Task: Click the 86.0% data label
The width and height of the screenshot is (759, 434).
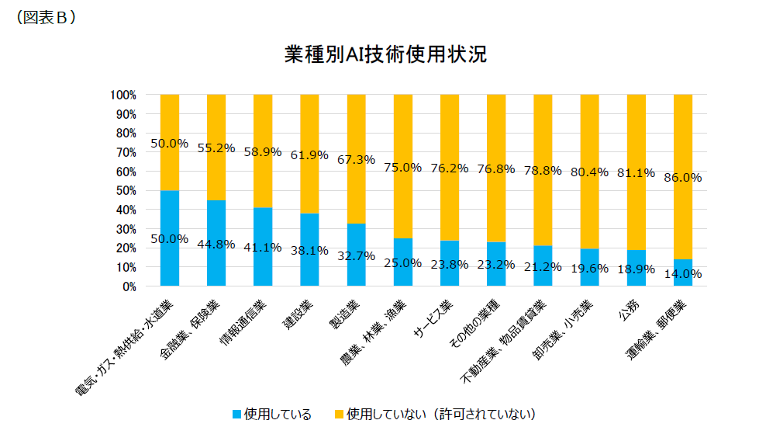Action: click(x=683, y=177)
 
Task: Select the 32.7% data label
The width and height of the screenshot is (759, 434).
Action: click(x=357, y=254)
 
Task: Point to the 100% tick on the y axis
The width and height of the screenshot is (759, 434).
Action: click(x=123, y=95)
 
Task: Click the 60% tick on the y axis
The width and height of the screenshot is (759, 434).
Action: click(x=126, y=172)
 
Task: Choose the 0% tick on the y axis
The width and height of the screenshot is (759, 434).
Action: click(x=129, y=286)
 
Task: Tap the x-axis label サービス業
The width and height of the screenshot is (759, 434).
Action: click(x=436, y=318)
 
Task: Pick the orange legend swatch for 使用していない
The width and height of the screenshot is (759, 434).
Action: click(x=339, y=415)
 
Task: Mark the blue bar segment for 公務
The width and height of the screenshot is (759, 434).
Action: click(x=636, y=268)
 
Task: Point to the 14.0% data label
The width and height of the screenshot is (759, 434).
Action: click(x=683, y=273)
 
